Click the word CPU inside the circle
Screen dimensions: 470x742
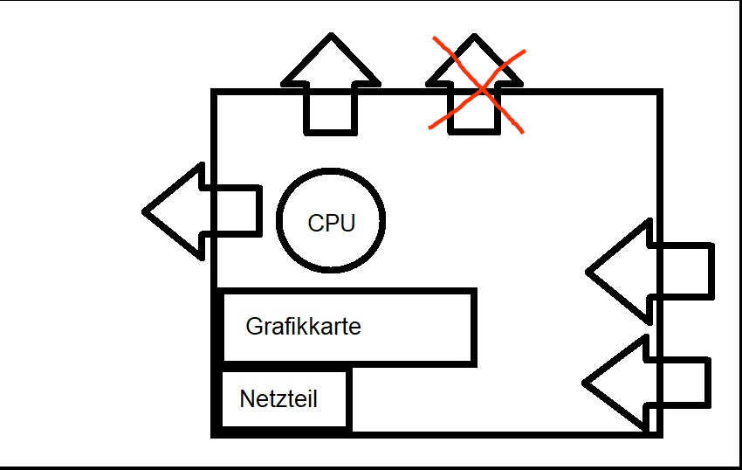pos(332,223)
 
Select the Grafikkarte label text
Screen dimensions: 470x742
pos(303,327)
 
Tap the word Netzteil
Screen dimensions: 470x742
pos(278,400)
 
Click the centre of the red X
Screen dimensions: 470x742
pos(477,86)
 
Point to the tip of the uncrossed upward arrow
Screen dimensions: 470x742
pos(331,37)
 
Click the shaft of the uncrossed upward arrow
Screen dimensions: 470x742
pos(331,109)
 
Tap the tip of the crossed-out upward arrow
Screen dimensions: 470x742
pos(475,38)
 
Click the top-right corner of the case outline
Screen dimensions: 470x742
pos(659,92)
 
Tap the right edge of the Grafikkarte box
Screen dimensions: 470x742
pos(474,327)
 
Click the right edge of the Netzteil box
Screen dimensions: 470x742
pos(349,400)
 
